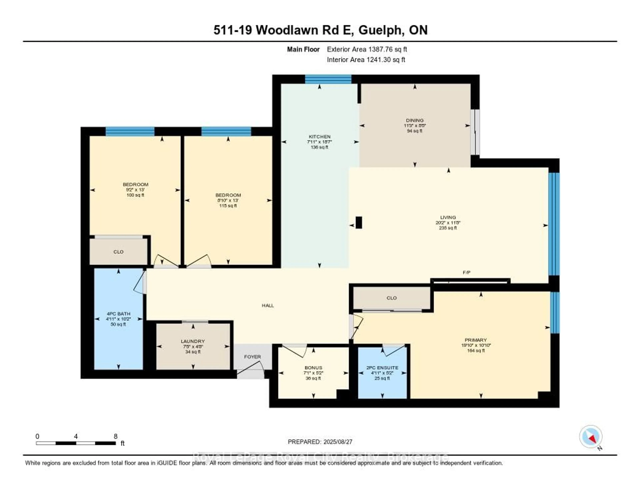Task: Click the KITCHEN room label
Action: [319, 137]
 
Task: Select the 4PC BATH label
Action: [118, 314]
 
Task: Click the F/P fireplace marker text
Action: [466, 273]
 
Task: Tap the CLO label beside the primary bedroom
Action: [391, 298]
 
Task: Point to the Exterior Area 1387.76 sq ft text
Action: [367, 49]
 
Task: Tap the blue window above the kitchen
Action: [328, 79]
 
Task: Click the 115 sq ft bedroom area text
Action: [228, 206]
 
